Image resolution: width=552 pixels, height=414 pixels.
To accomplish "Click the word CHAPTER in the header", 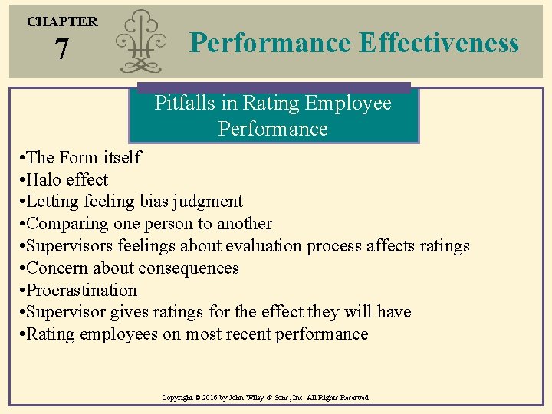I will click(x=63, y=21).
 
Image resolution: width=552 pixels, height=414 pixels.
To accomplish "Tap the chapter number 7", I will click(x=62, y=51).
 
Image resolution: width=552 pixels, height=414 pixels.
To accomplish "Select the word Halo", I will click(x=44, y=180).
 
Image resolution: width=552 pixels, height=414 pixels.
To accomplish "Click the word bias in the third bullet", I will click(x=158, y=202).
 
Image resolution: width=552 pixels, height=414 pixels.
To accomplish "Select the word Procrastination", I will click(x=82, y=291).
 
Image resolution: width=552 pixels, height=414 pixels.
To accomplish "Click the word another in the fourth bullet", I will click(x=243, y=224).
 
